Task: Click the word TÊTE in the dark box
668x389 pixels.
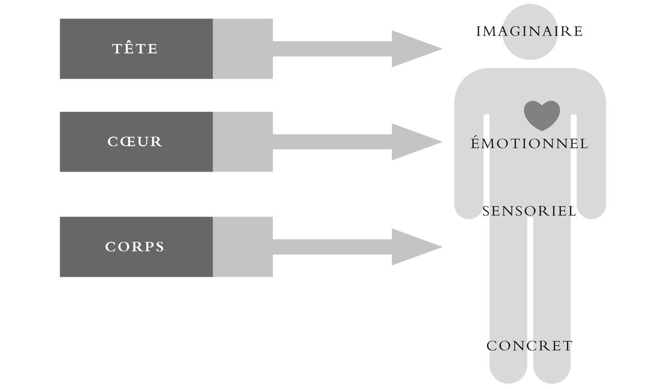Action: click(135, 49)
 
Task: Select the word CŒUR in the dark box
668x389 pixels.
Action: click(135, 142)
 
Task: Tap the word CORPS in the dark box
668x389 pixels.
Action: click(135, 247)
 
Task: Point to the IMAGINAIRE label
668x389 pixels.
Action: click(529, 31)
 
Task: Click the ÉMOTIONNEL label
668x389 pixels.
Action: click(529, 144)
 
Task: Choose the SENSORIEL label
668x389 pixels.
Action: click(529, 211)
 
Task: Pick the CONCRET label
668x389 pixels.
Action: click(529, 346)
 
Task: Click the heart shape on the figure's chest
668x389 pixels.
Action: click(542, 114)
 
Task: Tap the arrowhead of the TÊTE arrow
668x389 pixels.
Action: click(415, 49)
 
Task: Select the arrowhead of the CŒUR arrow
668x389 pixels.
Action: click(415, 142)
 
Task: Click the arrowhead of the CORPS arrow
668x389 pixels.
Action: click(415, 247)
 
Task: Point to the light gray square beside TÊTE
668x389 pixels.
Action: click(243, 49)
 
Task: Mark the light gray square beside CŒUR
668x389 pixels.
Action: click(243, 142)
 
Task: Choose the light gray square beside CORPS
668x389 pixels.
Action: click(243, 247)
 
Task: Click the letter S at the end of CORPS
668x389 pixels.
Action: click(160, 247)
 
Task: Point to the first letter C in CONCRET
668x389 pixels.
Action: click(491, 346)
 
